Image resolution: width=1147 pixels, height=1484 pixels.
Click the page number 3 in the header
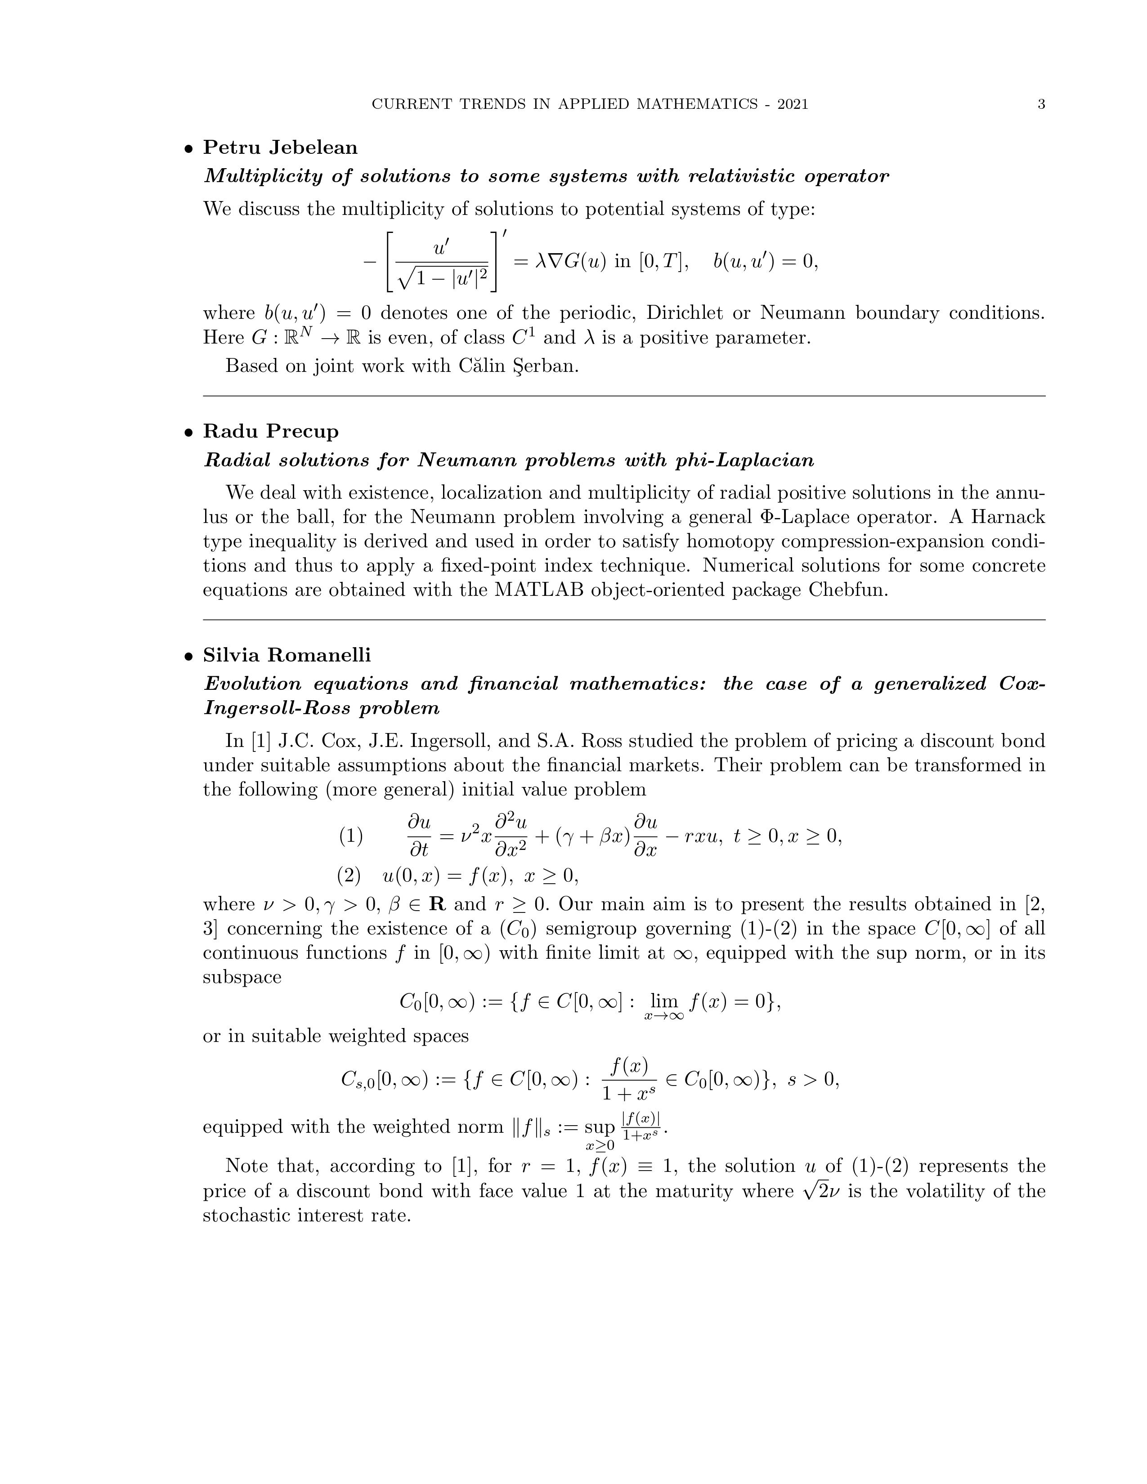point(1041,104)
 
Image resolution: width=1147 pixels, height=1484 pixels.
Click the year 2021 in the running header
point(792,104)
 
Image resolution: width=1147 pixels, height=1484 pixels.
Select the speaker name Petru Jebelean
point(280,148)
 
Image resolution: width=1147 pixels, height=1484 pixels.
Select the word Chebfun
point(847,590)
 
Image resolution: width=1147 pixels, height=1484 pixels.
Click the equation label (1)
point(351,836)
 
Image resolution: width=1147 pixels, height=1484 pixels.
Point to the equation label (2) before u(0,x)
point(349,876)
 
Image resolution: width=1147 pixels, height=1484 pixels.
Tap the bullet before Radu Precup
point(189,433)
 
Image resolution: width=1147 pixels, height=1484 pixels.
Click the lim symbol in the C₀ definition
point(664,1001)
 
